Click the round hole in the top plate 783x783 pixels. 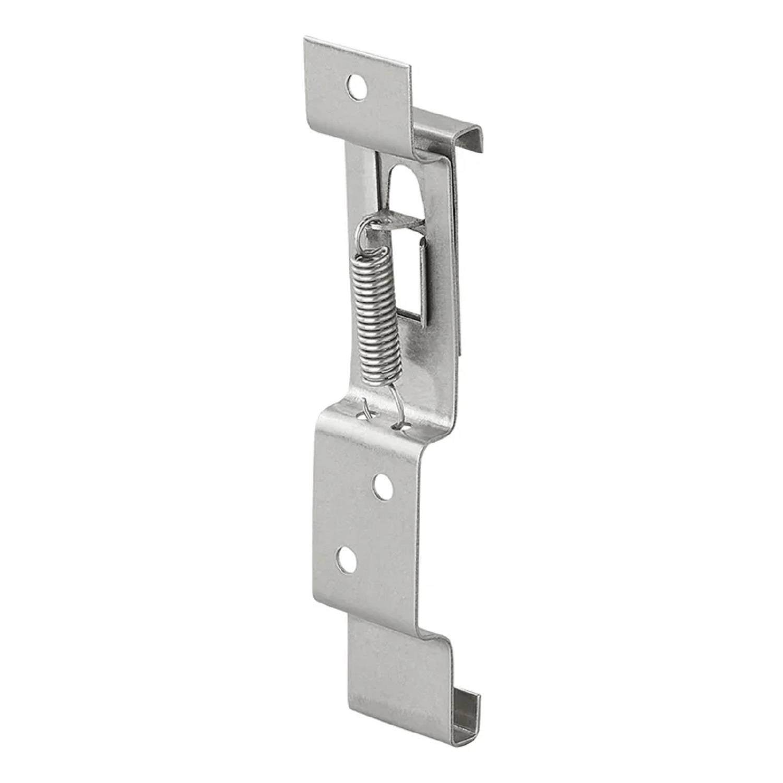click(x=357, y=87)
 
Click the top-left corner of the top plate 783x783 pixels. click(x=306, y=39)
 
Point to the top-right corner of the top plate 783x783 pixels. click(x=410, y=68)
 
